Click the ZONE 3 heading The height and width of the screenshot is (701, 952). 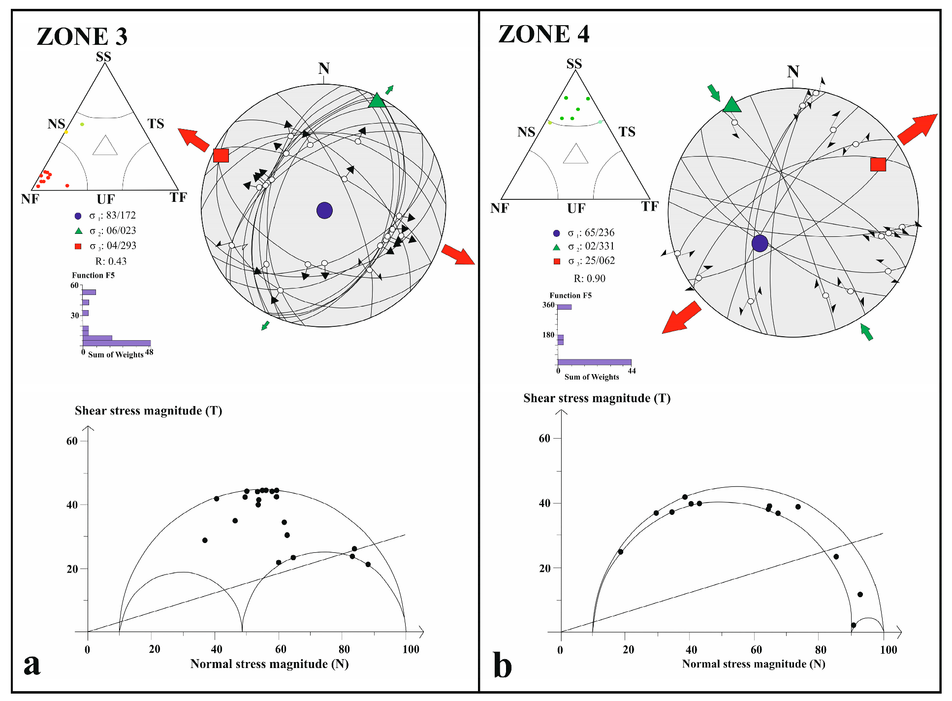tap(82, 37)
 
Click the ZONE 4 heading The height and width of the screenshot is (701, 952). tap(543, 34)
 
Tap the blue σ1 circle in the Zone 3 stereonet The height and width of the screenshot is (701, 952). tap(324, 210)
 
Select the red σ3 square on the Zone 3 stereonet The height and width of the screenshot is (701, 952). tap(221, 156)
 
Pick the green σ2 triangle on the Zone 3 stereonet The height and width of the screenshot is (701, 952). tap(377, 101)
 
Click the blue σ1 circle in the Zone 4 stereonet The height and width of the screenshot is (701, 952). tap(760, 243)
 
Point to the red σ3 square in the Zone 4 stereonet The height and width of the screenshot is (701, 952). tap(878, 164)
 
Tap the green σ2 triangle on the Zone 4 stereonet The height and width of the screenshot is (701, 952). tap(732, 105)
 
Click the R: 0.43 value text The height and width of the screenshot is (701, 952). tap(111, 261)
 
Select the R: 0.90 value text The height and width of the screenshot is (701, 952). tap(589, 279)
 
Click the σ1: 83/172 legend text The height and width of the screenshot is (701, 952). tap(112, 216)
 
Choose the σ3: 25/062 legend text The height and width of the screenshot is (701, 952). tap(591, 261)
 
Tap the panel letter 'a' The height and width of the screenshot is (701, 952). tap(32, 665)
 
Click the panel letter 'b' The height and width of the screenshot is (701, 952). tap(502, 666)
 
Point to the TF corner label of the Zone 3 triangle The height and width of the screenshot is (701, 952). tap(178, 197)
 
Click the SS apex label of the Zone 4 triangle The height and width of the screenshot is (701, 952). tap(574, 64)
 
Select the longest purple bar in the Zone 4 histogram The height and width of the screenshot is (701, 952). tap(594, 362)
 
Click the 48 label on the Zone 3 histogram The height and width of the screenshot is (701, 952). tap(149, 352)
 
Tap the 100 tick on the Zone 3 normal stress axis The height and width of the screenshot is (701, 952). tap(411, 649)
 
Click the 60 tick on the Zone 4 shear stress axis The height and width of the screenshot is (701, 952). tap(544, 439)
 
